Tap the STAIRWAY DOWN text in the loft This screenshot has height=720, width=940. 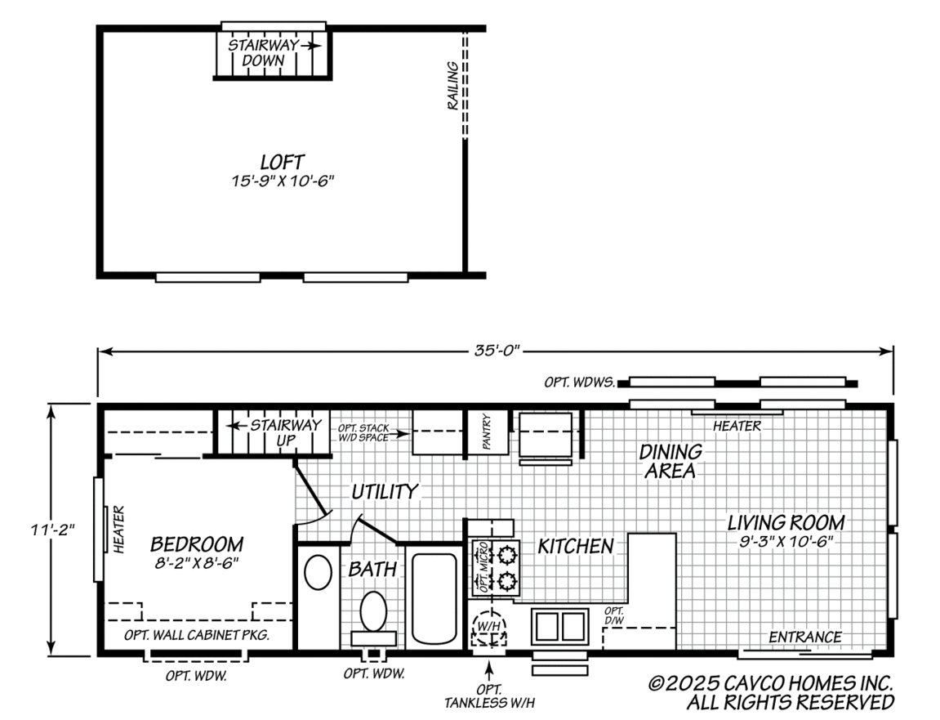264,53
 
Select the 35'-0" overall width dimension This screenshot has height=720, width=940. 495,351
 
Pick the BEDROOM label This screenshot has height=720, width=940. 197,544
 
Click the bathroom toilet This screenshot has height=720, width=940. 374,611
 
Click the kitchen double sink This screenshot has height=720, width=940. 559,626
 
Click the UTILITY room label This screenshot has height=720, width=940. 385,492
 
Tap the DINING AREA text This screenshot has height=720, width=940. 670,461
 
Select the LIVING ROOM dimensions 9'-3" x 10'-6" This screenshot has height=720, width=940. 786,541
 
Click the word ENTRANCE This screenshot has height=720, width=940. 804,637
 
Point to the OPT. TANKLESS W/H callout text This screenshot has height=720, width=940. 490,695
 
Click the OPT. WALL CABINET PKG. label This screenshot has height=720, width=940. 197,635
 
